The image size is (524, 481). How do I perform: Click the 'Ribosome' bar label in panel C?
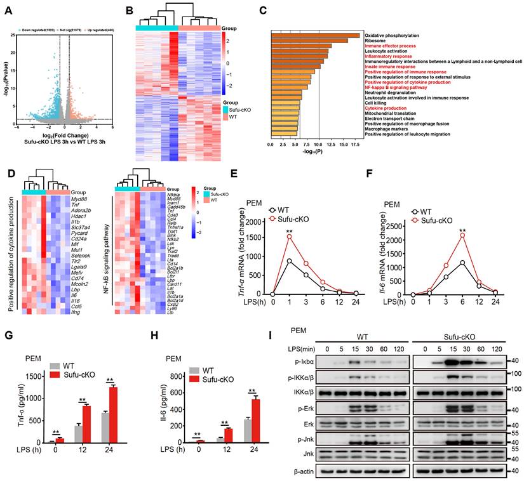(375, 41)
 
